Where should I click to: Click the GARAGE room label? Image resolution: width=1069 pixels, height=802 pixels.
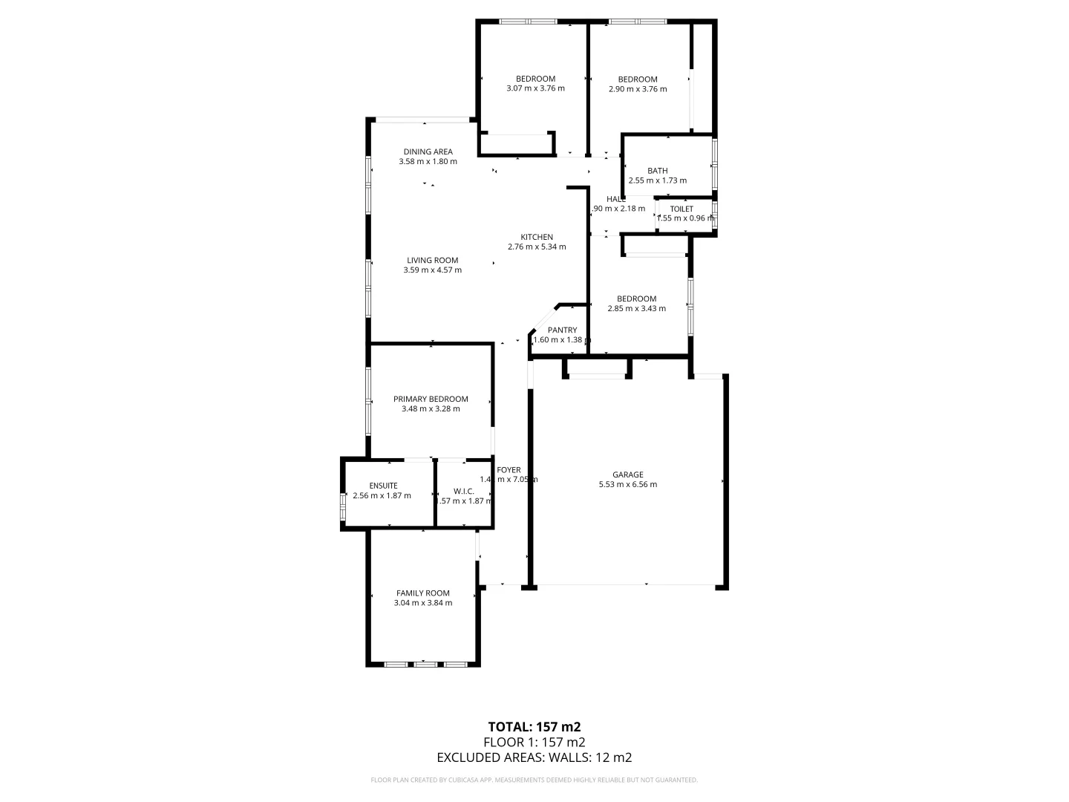coord(627,475)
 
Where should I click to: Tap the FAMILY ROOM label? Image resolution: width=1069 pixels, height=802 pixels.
coord(422,593)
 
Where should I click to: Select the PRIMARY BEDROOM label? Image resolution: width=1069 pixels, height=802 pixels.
coord(431,399)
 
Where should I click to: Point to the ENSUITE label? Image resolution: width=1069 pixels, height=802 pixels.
coord(383,486)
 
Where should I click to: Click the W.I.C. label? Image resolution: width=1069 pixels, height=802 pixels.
coord(463,491)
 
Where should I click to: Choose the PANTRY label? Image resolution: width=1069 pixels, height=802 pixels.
coord(562,330)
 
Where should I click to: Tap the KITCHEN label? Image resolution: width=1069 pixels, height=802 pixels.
coord(536,238)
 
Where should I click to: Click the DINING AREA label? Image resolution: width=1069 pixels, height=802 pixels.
coord(428,151)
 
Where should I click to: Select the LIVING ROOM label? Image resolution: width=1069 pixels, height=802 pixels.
coord(432,261)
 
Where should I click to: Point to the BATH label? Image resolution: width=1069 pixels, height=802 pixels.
coord(657,171)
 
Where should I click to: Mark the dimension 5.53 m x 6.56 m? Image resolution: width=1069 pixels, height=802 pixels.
coord(627,485)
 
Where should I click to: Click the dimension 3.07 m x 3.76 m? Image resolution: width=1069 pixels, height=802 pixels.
coord(535,88)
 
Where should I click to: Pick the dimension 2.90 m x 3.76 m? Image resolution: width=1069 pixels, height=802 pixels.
coord(637,89)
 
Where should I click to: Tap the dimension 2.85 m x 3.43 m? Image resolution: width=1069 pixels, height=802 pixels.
coord(636,309)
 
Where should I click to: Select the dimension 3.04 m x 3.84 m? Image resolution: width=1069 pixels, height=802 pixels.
coord(422,603)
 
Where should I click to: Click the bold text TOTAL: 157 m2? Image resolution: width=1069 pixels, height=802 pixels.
coord(534,727)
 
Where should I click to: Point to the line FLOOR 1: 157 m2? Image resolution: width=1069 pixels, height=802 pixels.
coord(534,742)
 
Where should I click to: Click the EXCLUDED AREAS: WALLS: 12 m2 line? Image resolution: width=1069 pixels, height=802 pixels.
coord(534,757)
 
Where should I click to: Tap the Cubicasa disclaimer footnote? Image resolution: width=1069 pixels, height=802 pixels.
coord(534,780)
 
